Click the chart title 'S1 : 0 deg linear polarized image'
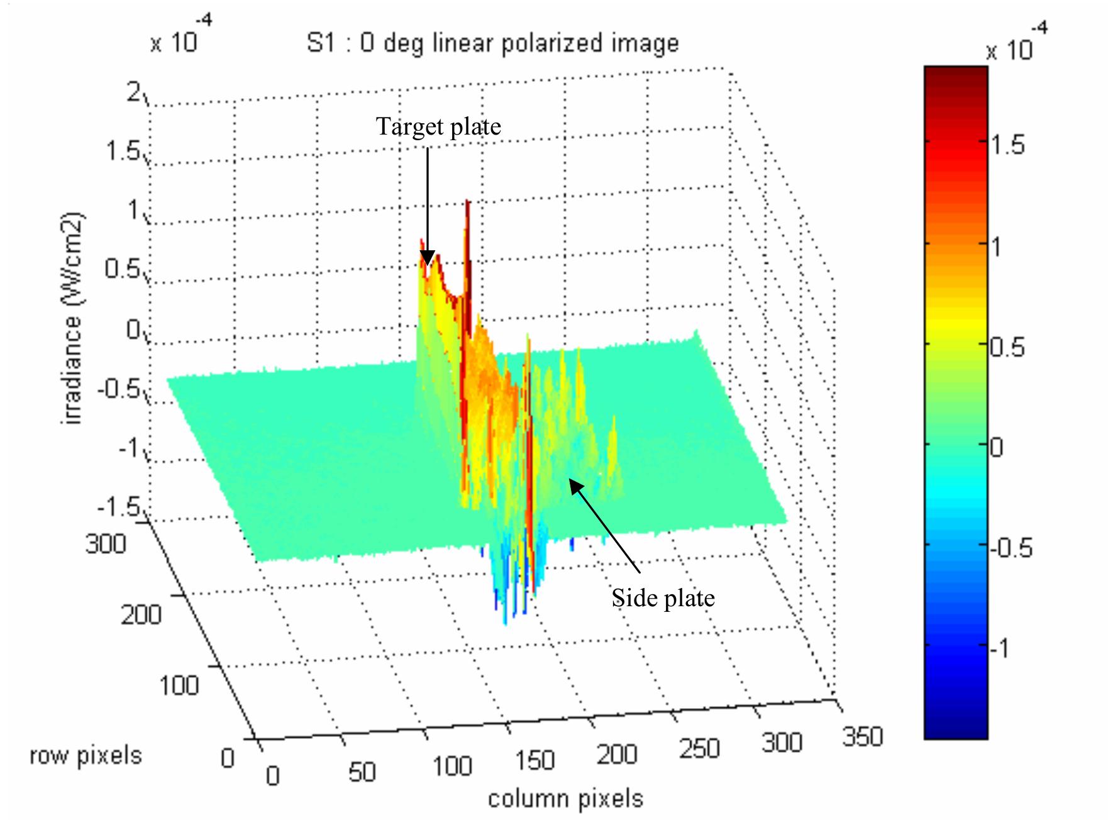pyautogui.click(x=492, y=43)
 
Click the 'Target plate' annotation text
pyautogui.click(x=438, y=127)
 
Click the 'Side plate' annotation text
pyautogui.click(x=663, y=598)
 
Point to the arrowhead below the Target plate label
pyautogui.click(x=427, y=258)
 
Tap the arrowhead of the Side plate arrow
pyautogui.click(x=573, y=484)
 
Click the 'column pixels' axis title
pyautogui.click(x=565, y=799)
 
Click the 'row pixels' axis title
pyautogui.click(x=86, y=755)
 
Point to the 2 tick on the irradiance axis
pyautogui.click(x=134, y=93)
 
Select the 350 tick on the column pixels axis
pyautogui.click(x=862, y=736)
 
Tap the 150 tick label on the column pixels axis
pyautogui.click(x=535, y=761)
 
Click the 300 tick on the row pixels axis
pyautogui.click(x=106, y=543)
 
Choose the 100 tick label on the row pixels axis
pyautogui.click(x=179, y=685)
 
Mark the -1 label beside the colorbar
pyautogui.click(x=1002, y=648)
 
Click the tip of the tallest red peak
pyautogui.click(x=467, y=201)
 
